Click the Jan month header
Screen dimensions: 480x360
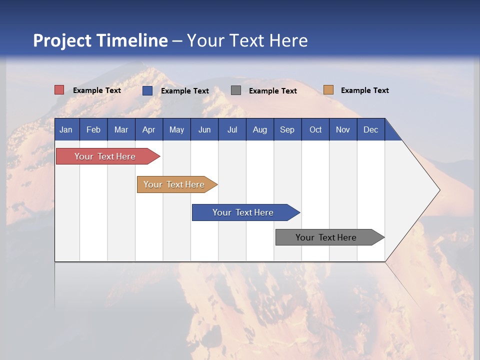[66, 130]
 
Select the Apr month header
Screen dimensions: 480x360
[149, 130]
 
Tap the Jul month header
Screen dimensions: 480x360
[232, 130]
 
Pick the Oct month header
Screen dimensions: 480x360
[315, 130]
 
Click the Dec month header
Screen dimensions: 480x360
[370, 130]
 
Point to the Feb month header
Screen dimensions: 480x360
[93, 130]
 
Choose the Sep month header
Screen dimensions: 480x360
[287, 130]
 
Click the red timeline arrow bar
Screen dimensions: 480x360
[108, 156]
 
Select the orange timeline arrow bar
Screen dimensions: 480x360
[177, 184]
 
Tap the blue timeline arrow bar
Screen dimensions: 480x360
[246, 212]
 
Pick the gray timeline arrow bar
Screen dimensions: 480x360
[330, 237]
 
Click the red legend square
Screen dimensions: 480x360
[59, 90]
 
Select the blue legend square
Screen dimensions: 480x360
[147, 90]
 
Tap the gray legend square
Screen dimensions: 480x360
[235, 90]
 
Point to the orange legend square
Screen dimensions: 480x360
[328, 89]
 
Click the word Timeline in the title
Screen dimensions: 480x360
[132, 40]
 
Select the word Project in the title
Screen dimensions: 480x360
[62, 40]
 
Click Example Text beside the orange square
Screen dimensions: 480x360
[365, 90]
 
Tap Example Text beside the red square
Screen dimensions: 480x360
[96, 90]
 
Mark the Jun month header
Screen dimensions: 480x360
[204, 130]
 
